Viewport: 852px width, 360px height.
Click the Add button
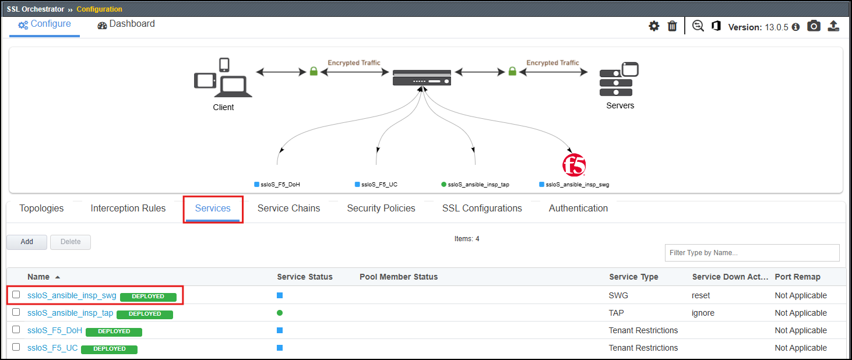click(27, 242)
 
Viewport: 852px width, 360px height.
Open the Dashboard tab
click(126, 24)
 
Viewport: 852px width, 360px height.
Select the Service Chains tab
click(288, 209)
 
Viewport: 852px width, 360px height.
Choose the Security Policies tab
click(381, 209)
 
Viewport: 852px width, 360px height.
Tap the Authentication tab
click(578, 209)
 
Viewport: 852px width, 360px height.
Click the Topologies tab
click(41, 209)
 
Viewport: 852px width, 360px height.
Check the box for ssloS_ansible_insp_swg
click(16, 295)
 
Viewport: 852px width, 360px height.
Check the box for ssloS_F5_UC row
click(16, 347)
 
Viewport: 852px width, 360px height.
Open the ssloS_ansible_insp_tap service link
click(71, 313)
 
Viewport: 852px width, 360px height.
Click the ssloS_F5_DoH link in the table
click(55, 330)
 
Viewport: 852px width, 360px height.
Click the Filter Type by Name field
click(752, 253)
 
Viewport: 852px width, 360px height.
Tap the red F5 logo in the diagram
click(574, 165)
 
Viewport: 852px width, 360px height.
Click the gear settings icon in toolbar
click(654, 26)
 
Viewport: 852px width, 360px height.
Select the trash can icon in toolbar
click(672, 26)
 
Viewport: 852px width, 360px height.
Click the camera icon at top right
click(814, 26)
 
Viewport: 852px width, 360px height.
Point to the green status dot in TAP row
click(280, 313)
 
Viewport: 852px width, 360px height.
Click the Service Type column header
click(633, 277)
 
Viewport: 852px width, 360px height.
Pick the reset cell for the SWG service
click(700, 295)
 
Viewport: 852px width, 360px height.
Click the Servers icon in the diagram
click(619, 79)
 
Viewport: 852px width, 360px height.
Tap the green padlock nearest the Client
click(314, 71)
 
